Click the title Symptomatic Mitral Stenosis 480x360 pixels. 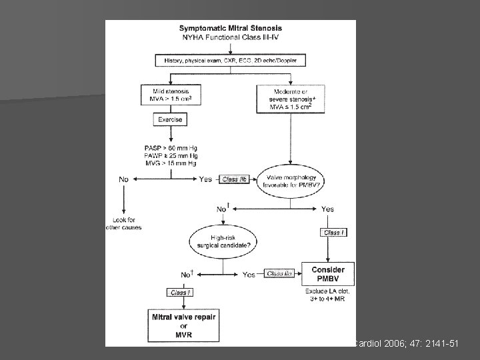tap(231, 28)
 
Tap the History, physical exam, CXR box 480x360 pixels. tap(230, 61)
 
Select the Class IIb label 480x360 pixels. tap(234, 179)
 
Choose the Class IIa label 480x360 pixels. tap(279, 273)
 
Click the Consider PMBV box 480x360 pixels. tap(327, 274)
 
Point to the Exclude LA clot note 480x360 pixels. tap(327, 294)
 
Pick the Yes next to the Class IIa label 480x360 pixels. tap(249, 274)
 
